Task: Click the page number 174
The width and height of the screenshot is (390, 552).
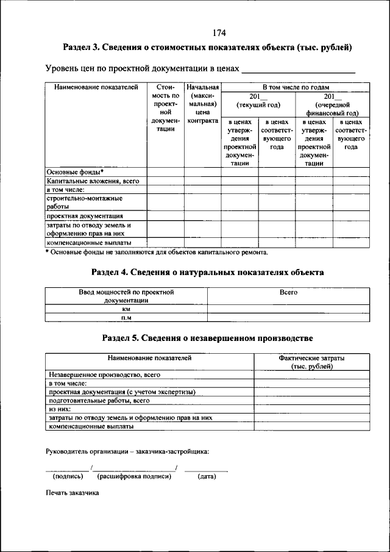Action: [x=219, y=33]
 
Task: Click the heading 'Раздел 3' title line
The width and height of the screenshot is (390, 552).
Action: [x=208, y=48]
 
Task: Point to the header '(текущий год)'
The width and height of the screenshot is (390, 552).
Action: [x=258, y=105]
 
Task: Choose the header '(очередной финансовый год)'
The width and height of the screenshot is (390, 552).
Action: [x=332, y=109]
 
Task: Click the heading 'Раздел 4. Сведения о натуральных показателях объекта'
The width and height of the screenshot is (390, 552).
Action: [x=207, y=272]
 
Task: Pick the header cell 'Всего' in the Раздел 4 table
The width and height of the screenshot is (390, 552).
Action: [x=288, y=293]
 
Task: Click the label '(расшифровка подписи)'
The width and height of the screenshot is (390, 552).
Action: [x=133, y=476]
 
